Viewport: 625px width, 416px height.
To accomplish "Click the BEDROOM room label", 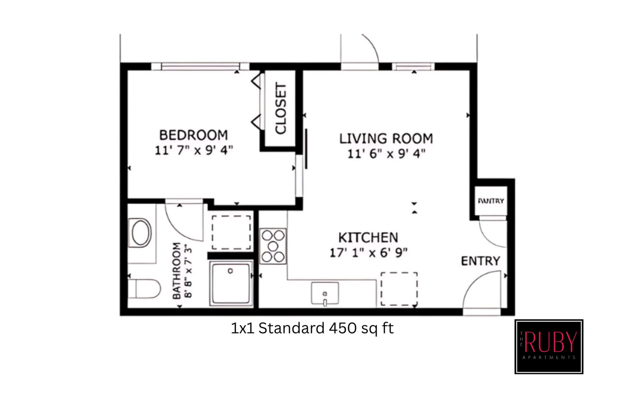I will (x=193, y=135).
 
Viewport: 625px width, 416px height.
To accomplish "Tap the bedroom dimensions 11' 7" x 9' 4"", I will (x=194, y=150).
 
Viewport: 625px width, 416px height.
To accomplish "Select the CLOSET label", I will (x=281, y=108).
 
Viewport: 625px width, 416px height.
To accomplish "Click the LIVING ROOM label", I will (x=386, y=139).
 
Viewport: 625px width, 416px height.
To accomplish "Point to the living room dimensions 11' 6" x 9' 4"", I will (x=386, y=154).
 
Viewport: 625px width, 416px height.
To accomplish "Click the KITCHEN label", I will (x=368, y=238).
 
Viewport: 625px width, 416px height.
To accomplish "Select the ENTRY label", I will (x=480, y=261).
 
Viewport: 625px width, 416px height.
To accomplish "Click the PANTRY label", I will (x=491, y=201).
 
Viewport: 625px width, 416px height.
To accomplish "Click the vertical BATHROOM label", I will (x=177, y=271).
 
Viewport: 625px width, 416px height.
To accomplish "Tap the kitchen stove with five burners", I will (x=273, y=246).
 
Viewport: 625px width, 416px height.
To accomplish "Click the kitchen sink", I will (x=325, y=293).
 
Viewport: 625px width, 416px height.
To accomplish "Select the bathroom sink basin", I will (x=141, y=233).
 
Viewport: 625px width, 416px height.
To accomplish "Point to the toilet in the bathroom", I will (x=144, y=289).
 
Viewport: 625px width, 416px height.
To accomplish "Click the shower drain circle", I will (x=230, y=271).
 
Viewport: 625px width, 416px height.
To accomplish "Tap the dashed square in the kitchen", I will (x=399, y=289).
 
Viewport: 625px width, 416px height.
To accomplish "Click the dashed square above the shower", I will (x=231, y=232).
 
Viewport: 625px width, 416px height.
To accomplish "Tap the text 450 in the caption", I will (x=343, y=328).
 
